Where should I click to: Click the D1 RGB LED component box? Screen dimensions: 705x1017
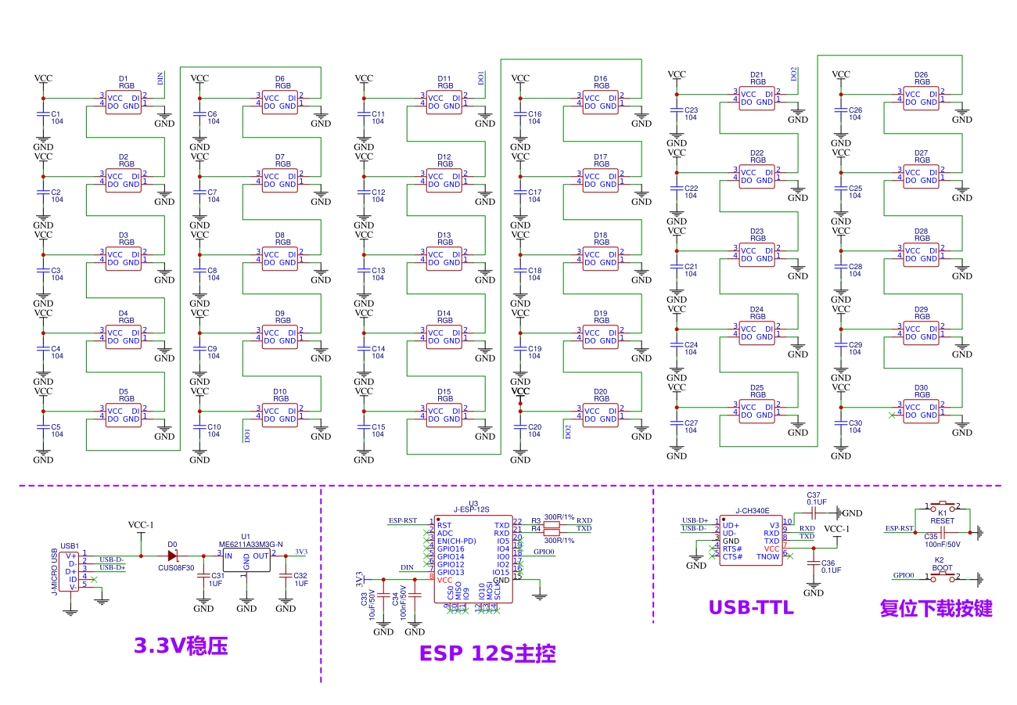[124, 103]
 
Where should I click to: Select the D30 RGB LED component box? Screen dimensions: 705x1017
[922, 412]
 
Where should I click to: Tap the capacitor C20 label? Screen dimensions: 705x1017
[534, 427]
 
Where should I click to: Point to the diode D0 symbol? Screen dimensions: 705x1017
[173, 556]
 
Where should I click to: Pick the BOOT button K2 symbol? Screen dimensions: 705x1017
[942, 577]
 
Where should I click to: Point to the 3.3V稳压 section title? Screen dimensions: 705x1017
[181, 646]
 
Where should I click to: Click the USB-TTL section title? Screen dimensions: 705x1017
[751, 607]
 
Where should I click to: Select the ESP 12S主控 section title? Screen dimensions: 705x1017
[487, 653]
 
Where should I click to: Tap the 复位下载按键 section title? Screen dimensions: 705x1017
[936, 608]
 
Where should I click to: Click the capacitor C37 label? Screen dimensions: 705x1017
[814, 495]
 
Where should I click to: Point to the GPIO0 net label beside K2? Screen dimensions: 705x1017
[904, 575]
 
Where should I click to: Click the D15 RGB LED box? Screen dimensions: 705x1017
[444, 415]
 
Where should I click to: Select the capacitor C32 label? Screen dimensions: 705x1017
[300, 576]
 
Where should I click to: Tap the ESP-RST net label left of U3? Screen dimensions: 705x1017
[403, 520]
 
